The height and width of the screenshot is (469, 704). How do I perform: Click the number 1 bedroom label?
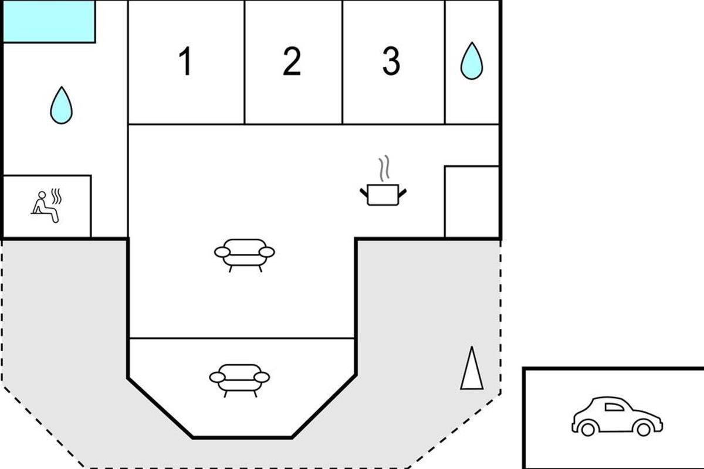185,61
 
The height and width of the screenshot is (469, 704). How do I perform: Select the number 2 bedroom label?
292,61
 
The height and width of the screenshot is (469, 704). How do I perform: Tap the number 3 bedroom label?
391,61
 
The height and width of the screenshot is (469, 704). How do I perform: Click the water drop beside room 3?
472,61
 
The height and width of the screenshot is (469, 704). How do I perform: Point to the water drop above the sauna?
61,106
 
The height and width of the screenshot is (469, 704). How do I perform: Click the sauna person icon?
45,207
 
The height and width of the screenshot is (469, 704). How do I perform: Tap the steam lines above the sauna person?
56,196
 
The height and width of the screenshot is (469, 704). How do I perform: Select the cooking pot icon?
383,195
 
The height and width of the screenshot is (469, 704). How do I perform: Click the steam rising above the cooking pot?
384,168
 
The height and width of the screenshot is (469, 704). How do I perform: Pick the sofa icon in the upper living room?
245,255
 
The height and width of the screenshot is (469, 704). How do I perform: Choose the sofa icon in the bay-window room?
239,380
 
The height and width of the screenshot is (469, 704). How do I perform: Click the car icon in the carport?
617,417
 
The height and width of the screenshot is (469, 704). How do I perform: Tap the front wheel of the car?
643,429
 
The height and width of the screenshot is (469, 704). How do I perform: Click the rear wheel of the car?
588,429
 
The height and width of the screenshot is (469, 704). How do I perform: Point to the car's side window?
614,407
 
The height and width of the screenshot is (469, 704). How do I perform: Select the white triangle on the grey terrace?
472,369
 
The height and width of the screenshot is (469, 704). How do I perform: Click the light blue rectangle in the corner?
49,21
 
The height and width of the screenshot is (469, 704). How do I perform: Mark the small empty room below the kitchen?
472,202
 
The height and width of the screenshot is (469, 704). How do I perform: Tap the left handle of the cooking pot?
364,192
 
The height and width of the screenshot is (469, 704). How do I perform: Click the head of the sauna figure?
42,195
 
